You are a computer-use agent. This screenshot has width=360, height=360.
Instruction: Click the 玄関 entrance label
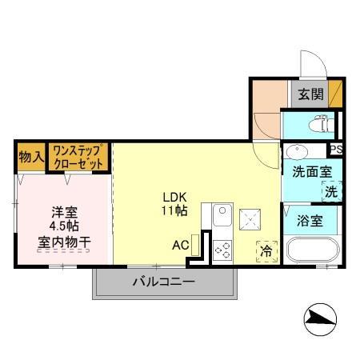311,94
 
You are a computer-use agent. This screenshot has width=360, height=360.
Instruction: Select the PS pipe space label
335,150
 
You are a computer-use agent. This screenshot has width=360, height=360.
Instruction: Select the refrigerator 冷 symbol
266,250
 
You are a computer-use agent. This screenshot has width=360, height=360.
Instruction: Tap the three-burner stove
222,250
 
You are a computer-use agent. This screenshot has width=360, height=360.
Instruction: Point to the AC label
181,245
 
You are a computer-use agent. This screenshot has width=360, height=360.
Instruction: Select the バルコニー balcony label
163,282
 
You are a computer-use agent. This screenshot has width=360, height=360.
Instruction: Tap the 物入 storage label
30,157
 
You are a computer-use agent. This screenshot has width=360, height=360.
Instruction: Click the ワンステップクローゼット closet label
78,157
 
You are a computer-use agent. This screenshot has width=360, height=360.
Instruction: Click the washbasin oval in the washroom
295,151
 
